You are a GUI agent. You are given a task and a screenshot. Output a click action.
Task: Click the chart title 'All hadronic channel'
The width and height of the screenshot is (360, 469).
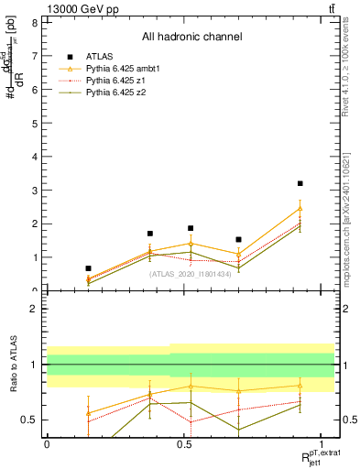pos(191,38)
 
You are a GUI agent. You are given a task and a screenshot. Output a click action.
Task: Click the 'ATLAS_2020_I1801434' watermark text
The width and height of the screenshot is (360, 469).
pos(191,273)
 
